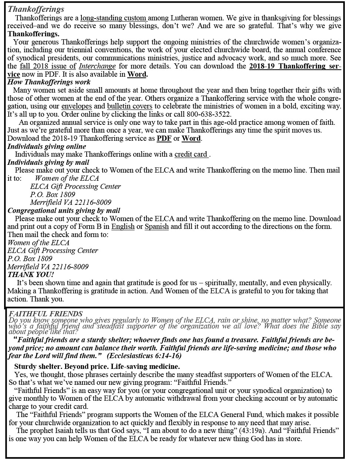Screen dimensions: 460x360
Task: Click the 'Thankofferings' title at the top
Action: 36,9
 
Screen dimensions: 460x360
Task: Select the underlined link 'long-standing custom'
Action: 114,18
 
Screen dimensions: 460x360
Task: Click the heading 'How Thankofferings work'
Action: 49,82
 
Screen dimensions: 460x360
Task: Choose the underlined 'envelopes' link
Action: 77,106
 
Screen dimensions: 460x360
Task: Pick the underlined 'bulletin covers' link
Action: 129,106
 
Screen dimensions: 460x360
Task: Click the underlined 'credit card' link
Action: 191,154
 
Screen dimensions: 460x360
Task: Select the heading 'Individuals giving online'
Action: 47,147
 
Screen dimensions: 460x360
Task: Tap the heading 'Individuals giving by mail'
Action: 48,163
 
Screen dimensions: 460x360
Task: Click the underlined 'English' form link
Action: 123,226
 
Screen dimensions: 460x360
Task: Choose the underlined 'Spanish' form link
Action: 157,226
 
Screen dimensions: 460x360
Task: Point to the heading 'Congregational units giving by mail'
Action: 64,211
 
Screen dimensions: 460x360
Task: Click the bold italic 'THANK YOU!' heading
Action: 31,275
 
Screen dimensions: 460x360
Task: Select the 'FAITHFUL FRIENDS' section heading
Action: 46,314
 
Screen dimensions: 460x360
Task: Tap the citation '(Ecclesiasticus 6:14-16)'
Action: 144,356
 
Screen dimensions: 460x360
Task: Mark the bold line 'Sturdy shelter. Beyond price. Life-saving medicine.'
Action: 97,367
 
